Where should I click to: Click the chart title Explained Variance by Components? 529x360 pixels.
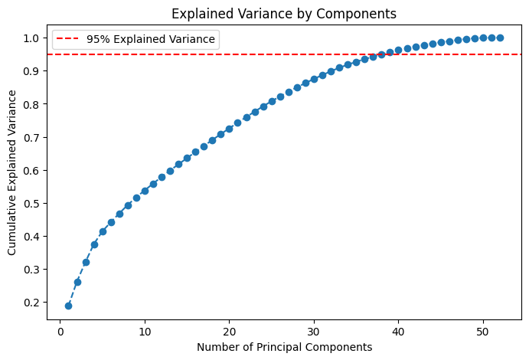[x=284, y=13]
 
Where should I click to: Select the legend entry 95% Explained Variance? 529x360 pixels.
[x=151, y=39]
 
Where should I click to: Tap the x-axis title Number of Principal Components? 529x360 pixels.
[x=284, y=347]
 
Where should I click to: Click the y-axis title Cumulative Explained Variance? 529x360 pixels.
[x=13, y=172]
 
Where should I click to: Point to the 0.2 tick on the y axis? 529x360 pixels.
[x=34, y=303]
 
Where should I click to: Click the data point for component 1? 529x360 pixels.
[x=69, y=306]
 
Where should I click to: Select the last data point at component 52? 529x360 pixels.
[x=500, y=38]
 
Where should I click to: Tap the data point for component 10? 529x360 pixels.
[x=145, y=191]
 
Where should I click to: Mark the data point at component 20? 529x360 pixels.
[x=229, y=129]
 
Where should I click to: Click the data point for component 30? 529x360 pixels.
[x=314, y=79]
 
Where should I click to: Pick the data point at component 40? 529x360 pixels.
[x=398, y=50]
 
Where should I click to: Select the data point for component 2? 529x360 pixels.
[x=77, y=282]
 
